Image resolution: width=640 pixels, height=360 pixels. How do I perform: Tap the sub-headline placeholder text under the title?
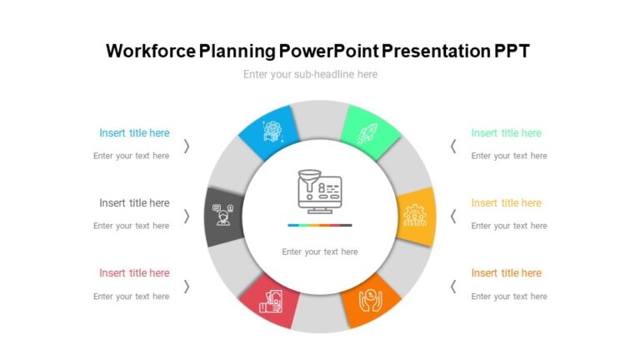click(310, 74)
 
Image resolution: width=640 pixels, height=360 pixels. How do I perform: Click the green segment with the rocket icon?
click(369, 132)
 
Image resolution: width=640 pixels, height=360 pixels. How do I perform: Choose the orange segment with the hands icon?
click(370, 299)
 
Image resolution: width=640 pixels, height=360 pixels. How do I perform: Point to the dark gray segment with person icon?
click(223, 216)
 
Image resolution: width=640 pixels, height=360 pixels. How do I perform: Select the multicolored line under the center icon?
click(320, 225)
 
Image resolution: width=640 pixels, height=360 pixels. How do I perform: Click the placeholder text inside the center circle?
click(320, 252)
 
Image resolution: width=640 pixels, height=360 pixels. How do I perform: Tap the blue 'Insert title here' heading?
click(134, 133)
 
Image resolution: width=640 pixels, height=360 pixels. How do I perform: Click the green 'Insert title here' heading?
click(506, 133)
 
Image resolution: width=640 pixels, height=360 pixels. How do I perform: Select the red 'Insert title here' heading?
click(134, 273)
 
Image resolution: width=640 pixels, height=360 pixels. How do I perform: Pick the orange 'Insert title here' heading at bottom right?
click(506, 273)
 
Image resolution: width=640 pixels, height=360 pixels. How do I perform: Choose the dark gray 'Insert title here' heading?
click(134, 203)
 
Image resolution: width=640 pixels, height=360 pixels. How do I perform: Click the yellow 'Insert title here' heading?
click(506, 203)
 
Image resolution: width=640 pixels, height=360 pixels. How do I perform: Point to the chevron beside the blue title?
click(187, 146)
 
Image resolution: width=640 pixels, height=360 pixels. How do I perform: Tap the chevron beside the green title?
click(453, 146)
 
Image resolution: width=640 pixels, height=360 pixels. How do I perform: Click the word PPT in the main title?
click(512, 51)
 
